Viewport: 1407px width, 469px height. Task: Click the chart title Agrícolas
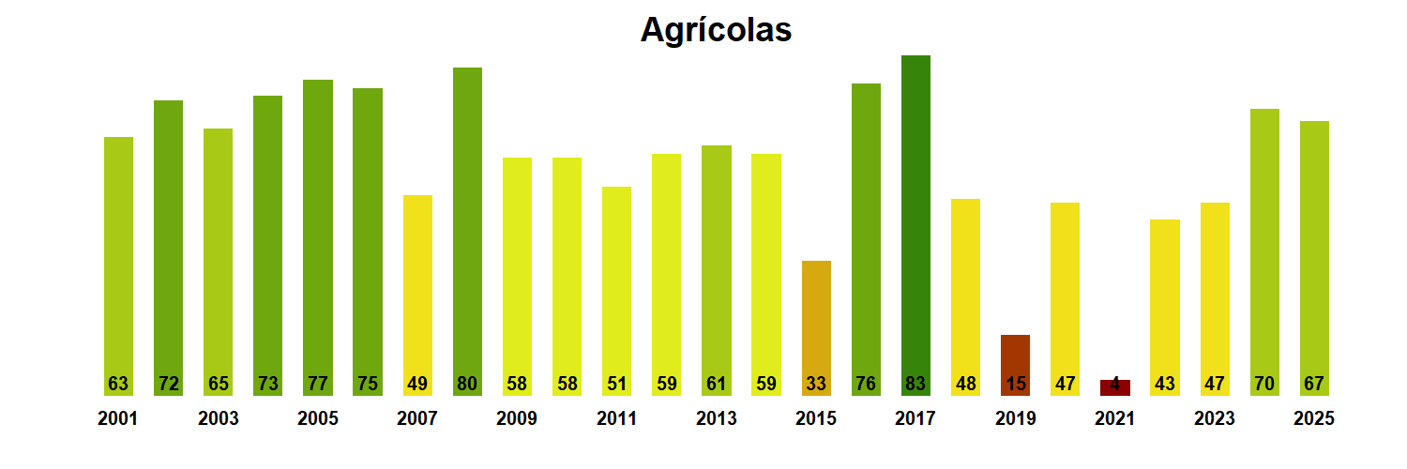coord(716,30)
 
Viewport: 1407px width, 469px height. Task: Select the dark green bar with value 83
coord(915,225)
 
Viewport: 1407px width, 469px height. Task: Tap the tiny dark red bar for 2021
coord(1115,387)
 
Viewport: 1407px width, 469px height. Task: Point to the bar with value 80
coord(467,230)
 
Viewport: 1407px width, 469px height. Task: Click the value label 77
coord(318,384)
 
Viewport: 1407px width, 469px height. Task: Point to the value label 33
coord(816,384)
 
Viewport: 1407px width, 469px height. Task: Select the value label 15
coord(1016,384)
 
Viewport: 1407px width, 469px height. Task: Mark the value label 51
coord(616,384)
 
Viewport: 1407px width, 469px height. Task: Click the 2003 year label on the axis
coord(218,419)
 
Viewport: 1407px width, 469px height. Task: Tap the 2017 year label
coord(915,419)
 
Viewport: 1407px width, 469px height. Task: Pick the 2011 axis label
coord(616,419)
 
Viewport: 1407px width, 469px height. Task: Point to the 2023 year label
coord(1215,419)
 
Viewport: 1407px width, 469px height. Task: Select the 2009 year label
coord(517,419)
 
